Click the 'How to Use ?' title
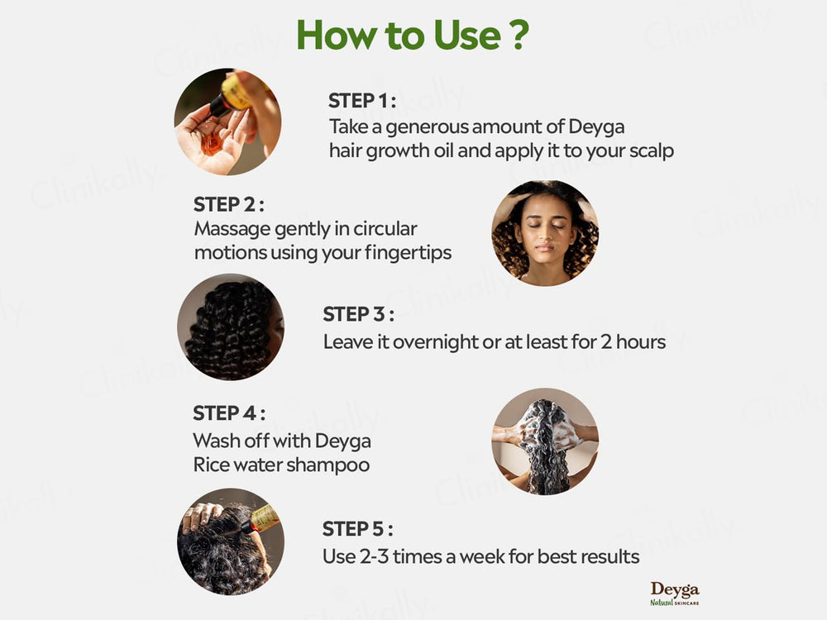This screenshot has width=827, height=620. pyautogui.click(x=413, y=35)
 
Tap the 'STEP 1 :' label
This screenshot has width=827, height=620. pyautogui.click(x=362, y=101)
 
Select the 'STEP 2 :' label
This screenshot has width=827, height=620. pyautogui.click(x=229, y=204)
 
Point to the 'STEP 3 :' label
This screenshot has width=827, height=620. pyautogui.click(x=358, y=315)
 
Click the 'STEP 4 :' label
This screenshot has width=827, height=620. pyautogui.click(x=229, y=413)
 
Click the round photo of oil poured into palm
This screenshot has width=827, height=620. pyautogui.click(x=227, y=122)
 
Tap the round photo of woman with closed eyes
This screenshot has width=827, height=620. pyautogui.click(x=545, y=233)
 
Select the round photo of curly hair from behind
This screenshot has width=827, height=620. pyautogui.click(x=231, y=327)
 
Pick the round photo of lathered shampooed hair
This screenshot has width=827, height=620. pyautogui.click(x=544, y=441)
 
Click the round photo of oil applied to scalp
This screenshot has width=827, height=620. pyautogui.click(x=230, y=541)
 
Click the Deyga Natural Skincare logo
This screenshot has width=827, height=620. pyautogui.click(x=674, y=593)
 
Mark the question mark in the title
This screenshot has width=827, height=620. pyautogui.click(x=518, y=35)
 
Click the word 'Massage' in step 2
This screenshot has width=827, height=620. pyautogui.click(x=227, y=228)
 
